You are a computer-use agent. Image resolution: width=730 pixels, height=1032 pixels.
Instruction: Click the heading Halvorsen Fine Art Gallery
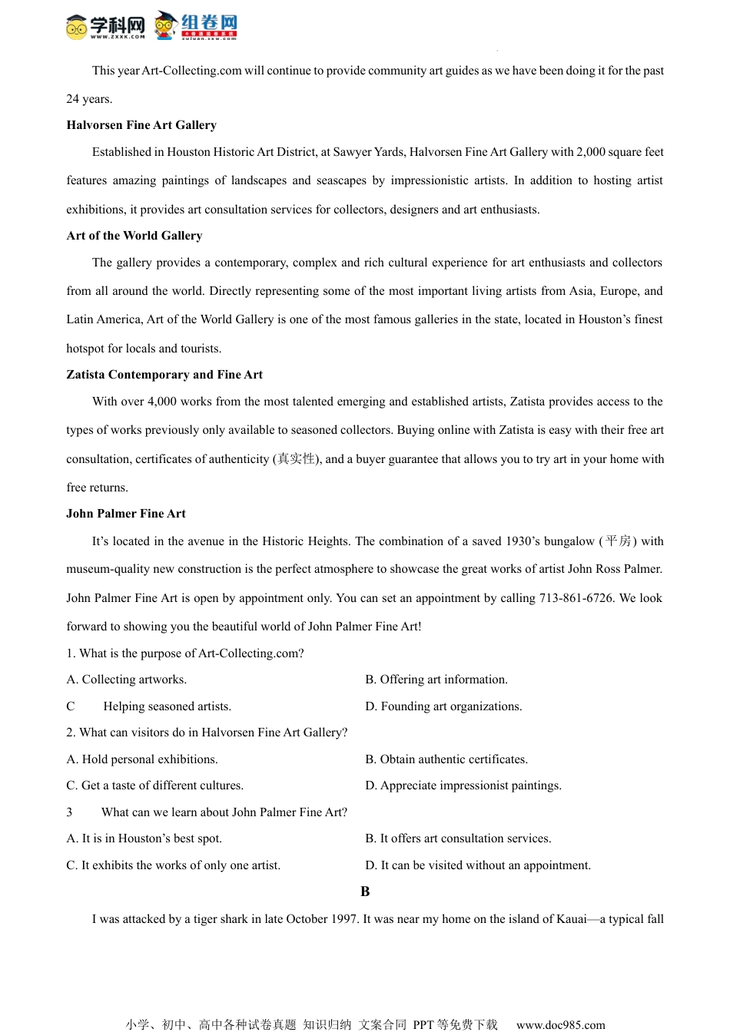pos(141,125)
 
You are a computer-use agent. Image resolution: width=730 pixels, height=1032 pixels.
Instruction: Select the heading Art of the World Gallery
pos(134,236)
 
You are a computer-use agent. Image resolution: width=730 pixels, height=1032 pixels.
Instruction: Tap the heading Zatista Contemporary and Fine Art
pos(164,375)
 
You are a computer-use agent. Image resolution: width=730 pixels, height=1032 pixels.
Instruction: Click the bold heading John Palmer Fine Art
pos(126,514)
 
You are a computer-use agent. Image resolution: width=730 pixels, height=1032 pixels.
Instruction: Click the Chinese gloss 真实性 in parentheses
pos(297,459)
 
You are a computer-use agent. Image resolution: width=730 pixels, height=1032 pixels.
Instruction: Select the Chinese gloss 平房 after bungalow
pos(618,541)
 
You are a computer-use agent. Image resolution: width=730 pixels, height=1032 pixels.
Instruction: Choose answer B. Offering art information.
pos(436,680)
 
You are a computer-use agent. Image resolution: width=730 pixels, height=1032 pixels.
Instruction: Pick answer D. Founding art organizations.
pos(443,706)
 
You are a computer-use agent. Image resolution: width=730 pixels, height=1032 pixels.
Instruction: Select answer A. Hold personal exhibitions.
pos(142,759)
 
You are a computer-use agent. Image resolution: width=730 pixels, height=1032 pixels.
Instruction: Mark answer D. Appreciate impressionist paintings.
pos(463,786)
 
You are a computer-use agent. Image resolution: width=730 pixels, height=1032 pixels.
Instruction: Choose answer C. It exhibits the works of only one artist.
pos(174,865)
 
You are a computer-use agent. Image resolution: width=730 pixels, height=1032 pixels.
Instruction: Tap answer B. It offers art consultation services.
pos(458,838)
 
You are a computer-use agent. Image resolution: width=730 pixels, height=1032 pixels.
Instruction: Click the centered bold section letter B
pos(365,891)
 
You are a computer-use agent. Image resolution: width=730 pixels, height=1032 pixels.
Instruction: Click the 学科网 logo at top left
pos(105,26)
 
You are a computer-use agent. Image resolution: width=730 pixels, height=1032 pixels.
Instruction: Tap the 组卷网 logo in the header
pos(197,25)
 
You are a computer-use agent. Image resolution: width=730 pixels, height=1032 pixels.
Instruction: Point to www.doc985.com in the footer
pos(560,1024)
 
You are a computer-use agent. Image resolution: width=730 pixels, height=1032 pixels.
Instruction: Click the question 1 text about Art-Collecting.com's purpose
pos(185,653)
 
